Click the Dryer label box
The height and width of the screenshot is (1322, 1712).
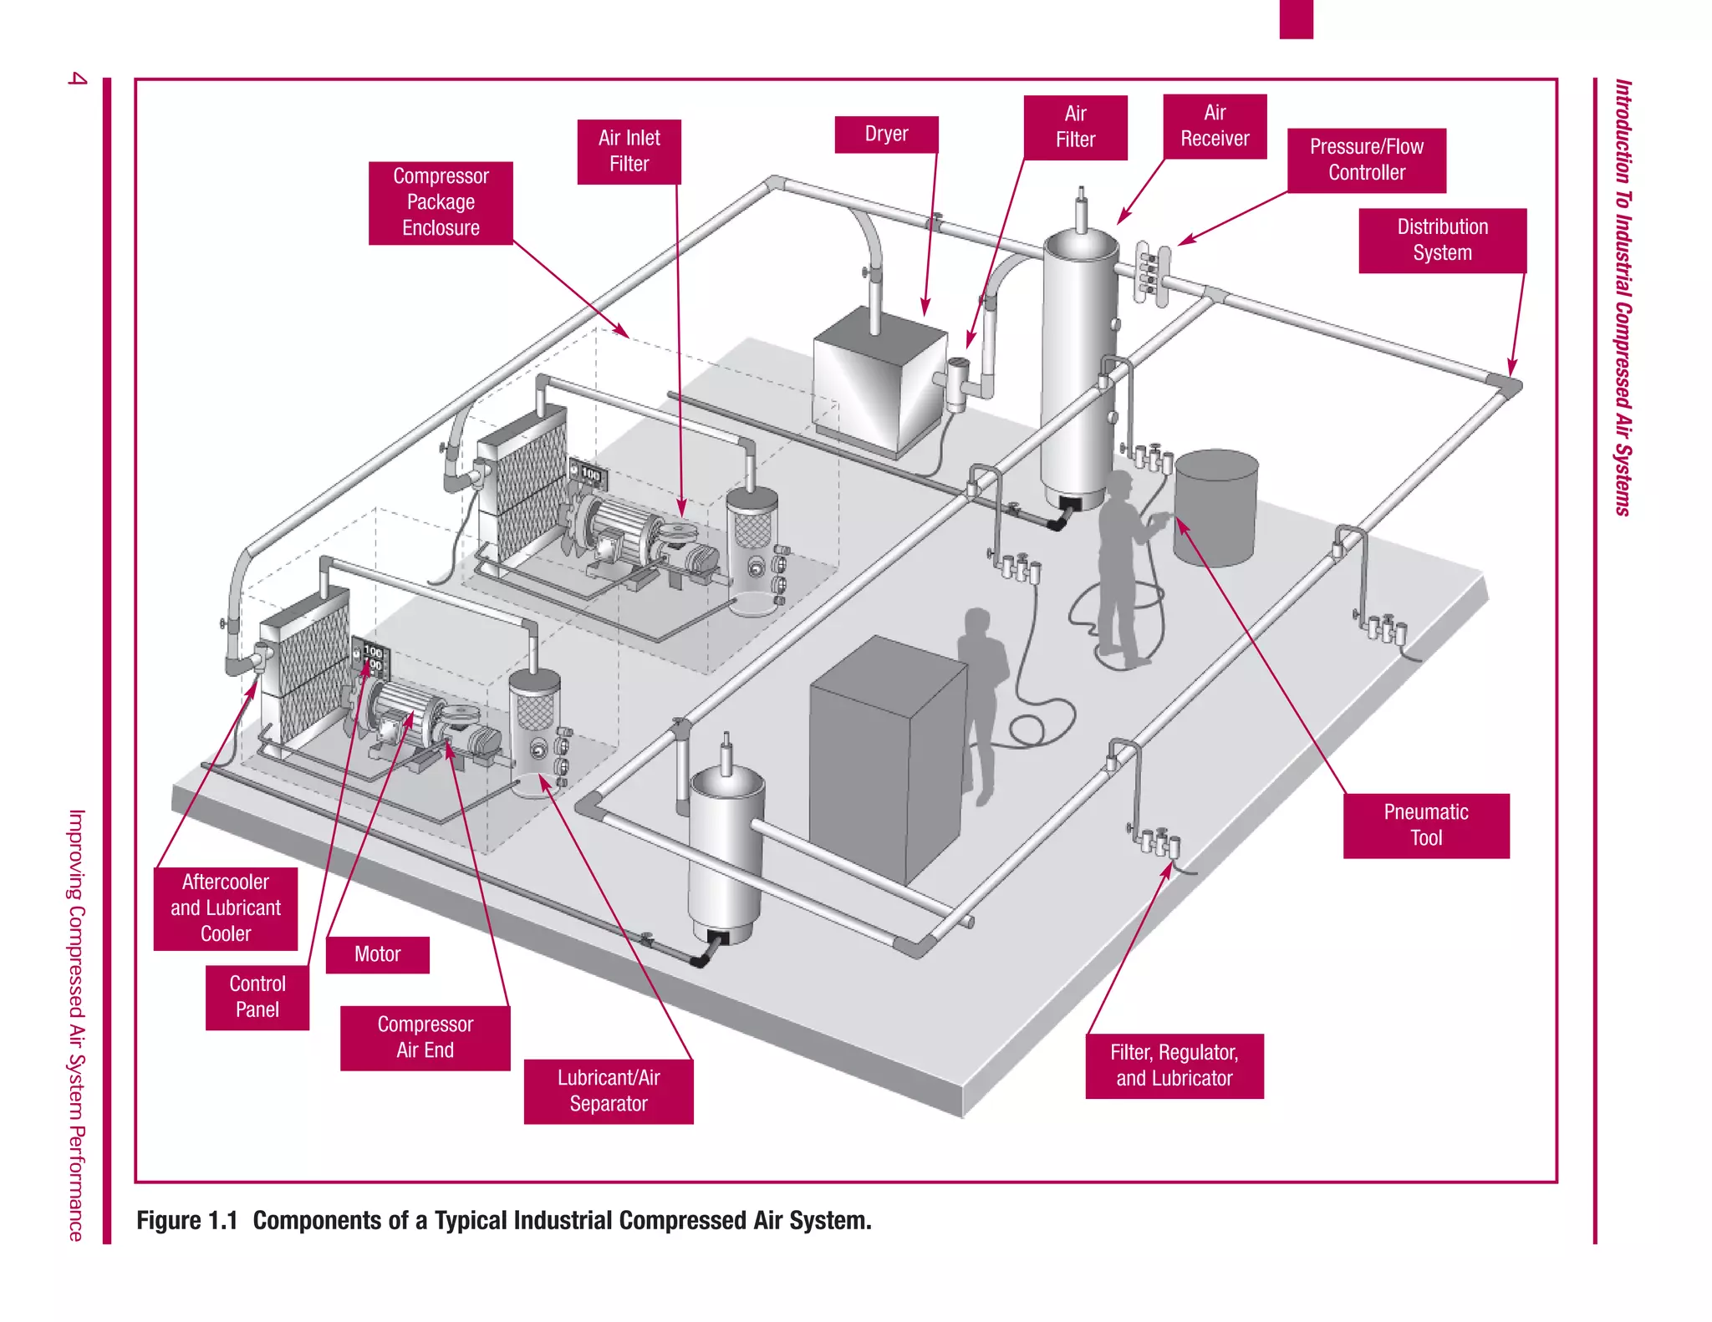tap(886, 135)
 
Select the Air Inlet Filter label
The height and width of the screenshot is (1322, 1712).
tap(629, 151)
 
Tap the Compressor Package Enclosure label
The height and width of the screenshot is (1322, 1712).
tap(441, 202)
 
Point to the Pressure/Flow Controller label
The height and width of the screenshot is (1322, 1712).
tap(1366, 160)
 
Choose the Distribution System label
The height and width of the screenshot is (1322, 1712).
tap(1442, 240)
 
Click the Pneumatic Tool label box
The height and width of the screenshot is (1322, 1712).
tap(1426, 826)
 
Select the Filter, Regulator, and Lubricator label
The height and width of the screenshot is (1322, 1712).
tap(1174, 1065)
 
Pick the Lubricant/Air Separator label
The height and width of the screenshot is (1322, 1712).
tap(609, 1091)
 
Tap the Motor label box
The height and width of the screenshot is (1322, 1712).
tap(377, 954)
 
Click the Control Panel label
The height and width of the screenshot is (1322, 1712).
tap(257, 997)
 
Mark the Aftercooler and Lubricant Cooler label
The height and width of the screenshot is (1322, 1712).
tap(226, 908)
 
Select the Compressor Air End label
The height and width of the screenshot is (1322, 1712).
tap(425, 1038)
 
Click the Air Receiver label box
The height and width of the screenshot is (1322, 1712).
tap(1215, 126)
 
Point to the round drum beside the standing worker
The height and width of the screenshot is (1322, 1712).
tap(1215, 507)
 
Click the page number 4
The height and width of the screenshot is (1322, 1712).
tap(77, 79)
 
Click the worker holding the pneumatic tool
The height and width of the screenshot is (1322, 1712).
tap(1120, 568)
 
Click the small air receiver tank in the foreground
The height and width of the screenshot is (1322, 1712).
tap(726, 852)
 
